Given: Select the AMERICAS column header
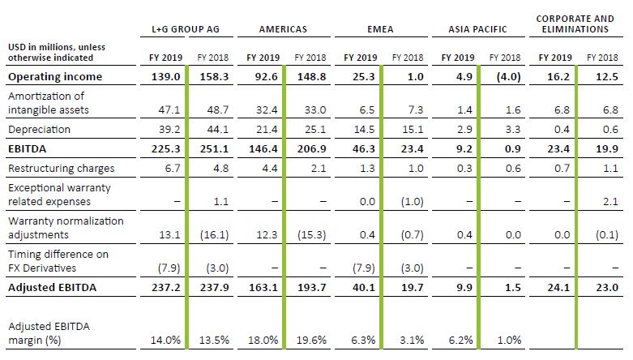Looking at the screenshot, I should click(284, 29).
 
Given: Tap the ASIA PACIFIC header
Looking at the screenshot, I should click(477, 29).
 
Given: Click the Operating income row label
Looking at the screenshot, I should click(55, 77).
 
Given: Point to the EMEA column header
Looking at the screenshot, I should click(380, 29).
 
